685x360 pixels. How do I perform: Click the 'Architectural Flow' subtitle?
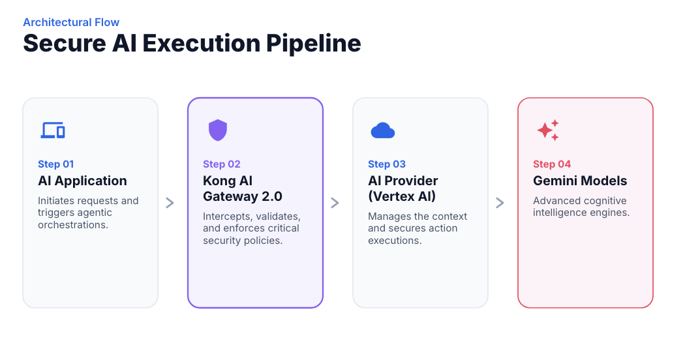(x=71, y=22)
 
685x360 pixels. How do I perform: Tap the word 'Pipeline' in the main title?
(x=314, y=44)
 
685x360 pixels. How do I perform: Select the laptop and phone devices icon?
(x=53, y=130)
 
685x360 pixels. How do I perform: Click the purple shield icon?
(x=217, y=130)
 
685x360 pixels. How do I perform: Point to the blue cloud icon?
(x=383, y=130)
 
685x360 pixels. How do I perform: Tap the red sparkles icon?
(x=548, y=130)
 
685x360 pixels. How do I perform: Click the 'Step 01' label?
(x=56, y=164)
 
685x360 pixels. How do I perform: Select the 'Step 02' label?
(x=222, y=164)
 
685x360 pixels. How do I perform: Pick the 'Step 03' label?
(x=387, y=164)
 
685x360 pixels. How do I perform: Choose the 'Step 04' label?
(x=552, y=164)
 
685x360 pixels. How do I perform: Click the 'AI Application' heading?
(x=82, y=181)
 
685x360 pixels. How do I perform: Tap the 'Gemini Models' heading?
(x=580, y=181)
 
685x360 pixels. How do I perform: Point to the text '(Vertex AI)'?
(x=402, y=196)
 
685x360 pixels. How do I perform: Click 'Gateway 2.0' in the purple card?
(x=243, y=196)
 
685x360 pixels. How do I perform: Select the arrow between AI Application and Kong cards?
(x=170, y=203)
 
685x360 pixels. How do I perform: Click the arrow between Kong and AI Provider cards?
(x=335, y=203)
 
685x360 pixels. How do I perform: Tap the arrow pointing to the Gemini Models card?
(x=500, y=203)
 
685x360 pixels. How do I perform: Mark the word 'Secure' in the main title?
(x=65, y=44)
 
